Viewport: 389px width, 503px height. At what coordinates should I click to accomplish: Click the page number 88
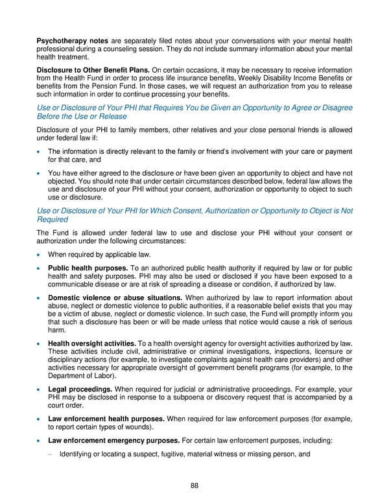point(194,486)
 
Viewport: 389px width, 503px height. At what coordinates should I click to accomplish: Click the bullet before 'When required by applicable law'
point(40,254)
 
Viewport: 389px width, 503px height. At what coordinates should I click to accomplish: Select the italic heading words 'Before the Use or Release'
point(82,117)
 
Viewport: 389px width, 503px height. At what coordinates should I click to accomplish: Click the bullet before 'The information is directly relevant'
point(40,152)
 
